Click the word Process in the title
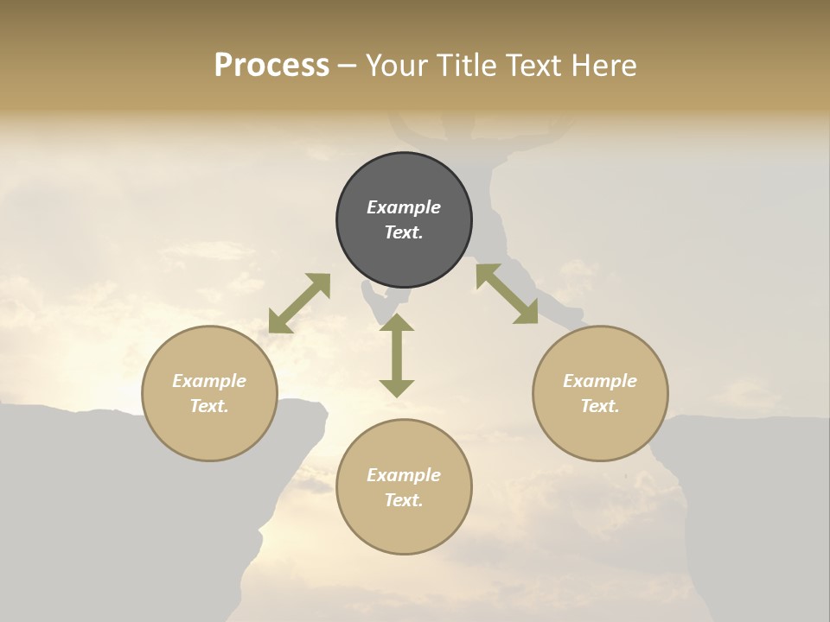point(271,66)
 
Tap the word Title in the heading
point(468,66)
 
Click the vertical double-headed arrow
point(397,355)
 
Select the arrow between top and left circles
point(299,303)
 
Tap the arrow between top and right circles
point(507,294)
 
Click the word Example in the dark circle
point(404,207)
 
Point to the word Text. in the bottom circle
point(404,500)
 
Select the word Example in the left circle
point(209,381)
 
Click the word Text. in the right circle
point(600,406)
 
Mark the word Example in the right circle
point(600,381)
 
